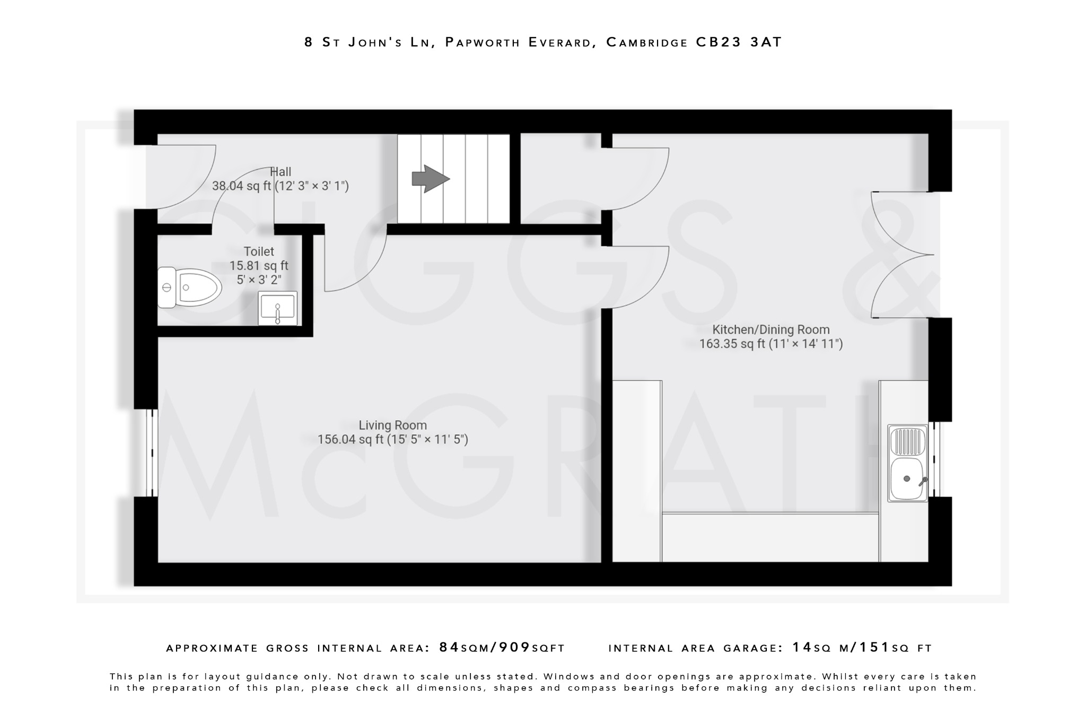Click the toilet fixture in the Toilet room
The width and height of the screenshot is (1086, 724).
(x=190, y=287)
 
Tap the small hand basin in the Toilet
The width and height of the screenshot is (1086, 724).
(x=277, y=308)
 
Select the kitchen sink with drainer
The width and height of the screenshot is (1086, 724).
(x=907, y=463)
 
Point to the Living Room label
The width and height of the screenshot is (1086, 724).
(x=392, y=425)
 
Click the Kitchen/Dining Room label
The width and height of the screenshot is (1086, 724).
(x=770, y=329)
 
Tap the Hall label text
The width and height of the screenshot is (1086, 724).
(x=281, y=172)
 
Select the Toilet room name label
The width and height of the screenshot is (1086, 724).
(x=259, y=251)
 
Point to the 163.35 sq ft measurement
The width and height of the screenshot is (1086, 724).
(x=733, y=344)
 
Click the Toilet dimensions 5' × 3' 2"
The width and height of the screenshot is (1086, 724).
(x=259, y=280)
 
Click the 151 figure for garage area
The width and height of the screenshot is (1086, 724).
(x=874, y=648)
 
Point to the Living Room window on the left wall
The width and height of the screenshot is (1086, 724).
(x=152, y=452)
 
